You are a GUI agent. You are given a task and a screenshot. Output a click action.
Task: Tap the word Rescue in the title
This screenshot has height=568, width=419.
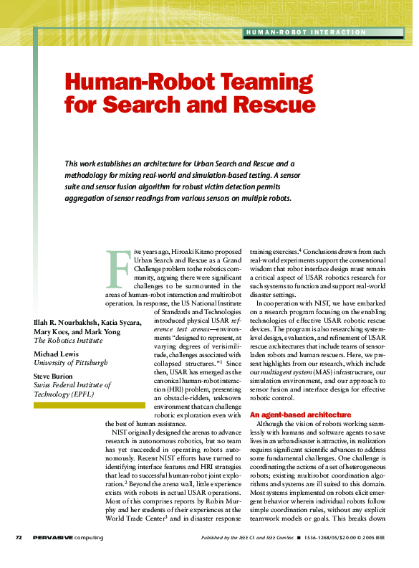coord(271,105)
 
